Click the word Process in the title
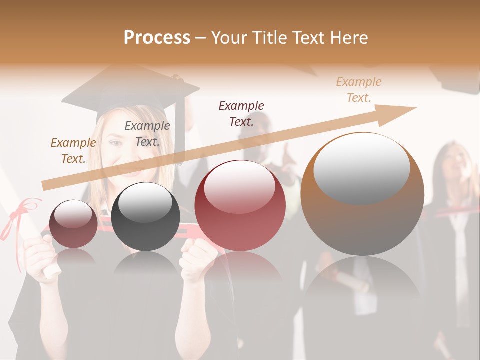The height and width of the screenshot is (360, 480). click(157, 37)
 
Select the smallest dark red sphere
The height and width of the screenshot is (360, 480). click(73, 224)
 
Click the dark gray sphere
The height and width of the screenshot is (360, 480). click(145, 216)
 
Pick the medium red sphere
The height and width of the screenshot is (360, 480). click(240, 205)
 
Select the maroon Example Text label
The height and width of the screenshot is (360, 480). click(241, 113)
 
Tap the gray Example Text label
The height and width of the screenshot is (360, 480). click(147, 134)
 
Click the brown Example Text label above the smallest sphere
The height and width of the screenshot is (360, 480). click(73, 150)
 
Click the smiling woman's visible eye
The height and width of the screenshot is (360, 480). click(115, 143)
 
